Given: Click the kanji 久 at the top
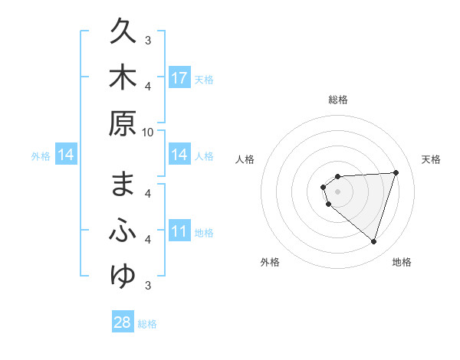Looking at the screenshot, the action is pyautogui.click(x=123, y=34).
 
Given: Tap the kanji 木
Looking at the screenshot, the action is pyautogui.click(x=123, y=77).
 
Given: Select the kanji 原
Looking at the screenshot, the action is pyautogui.click(x=123, y=123).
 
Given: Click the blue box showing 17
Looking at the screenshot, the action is pyautogui.click(x=179, y=78).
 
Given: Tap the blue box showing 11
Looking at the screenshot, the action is pyautogui.click(x=179, y=231).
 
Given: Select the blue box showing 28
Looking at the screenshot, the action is pyautogui.click(x=123, y=322).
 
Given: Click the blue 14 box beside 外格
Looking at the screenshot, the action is pyautogui.click(x=66, y=155).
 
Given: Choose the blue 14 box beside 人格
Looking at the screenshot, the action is pyautogui.click(x=179, y=155).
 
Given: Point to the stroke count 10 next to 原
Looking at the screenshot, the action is pyautogui.click(x=148, y=132).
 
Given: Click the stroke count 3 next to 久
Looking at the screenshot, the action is pyautogui.click(x=148, y=40).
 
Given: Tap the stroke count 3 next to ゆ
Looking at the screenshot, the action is pyautogui.click(x=148, y=285).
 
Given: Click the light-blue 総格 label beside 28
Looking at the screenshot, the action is pyautogui.click(x=147, y=324).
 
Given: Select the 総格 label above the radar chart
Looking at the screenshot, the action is pyautogui.click(x=337, y=100).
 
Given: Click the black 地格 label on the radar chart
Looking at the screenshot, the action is pyautogui.click(x=402, y=262).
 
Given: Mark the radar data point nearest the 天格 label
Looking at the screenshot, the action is pyautogui.click(x=396, y=172).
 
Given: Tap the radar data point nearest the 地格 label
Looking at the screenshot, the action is pyautogui.click(x=373, y=242).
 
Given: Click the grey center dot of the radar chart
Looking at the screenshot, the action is pyautogui.click(x=337, y=191).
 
